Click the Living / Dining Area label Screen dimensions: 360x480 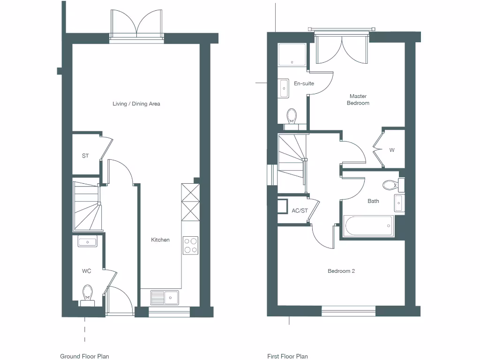click(136, 104)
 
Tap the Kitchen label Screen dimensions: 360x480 click(160, 240)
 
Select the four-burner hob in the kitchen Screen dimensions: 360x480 click(190, 245)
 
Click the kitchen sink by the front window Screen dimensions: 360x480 click(165, 297)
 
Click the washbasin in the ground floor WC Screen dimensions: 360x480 click(88, 242)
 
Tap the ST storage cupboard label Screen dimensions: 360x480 click(85, 156)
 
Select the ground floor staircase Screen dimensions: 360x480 click(86, 206)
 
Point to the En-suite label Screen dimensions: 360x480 click(304, 83)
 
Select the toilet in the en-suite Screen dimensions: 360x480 click(292, 116)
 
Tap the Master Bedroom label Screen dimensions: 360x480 click(358, 99)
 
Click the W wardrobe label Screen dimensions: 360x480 click(392, 150)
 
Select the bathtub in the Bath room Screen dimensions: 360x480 click(368, 226)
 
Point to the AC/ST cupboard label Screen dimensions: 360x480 click(300, 210)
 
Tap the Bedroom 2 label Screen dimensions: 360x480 click(341, 271)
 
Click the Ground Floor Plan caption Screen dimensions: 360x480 click(84, 356)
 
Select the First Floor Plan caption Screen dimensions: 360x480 click(287, 356)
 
